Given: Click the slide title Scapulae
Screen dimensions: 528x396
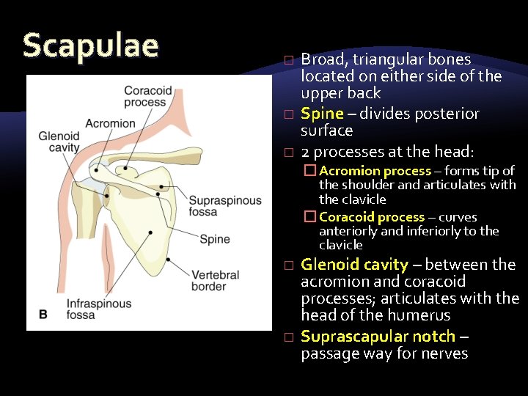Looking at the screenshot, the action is click(90, 45).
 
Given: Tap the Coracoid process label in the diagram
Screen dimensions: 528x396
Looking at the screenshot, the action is click(147, 97).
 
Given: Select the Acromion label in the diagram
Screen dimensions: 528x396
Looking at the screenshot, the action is click(110, 123).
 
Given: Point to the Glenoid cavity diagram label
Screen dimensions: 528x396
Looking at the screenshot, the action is click(59, 142).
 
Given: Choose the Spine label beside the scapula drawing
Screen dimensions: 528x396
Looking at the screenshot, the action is click(215, 239).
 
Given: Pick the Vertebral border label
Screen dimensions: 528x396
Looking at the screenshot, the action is click(215, 281).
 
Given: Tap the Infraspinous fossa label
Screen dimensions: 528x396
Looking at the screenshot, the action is click(98, 309).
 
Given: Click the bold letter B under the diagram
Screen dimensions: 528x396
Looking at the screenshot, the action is click(43, 314).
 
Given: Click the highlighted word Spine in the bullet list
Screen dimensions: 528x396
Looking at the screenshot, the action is click(322, 114).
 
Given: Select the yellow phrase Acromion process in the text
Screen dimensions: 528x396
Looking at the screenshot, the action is click(375, 171).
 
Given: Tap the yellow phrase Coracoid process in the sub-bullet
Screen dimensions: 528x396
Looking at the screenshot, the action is click(372, 217).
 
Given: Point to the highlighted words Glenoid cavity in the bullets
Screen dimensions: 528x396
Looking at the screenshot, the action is click(354, 265).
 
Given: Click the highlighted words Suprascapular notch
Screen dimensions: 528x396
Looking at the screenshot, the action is click(378, 337).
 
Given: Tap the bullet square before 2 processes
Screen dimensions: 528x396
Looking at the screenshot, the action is click(289, 153).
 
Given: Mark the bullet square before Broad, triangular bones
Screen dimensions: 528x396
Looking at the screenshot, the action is click(289, 59).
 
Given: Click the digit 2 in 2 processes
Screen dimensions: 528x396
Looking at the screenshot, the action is click(305, 152).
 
